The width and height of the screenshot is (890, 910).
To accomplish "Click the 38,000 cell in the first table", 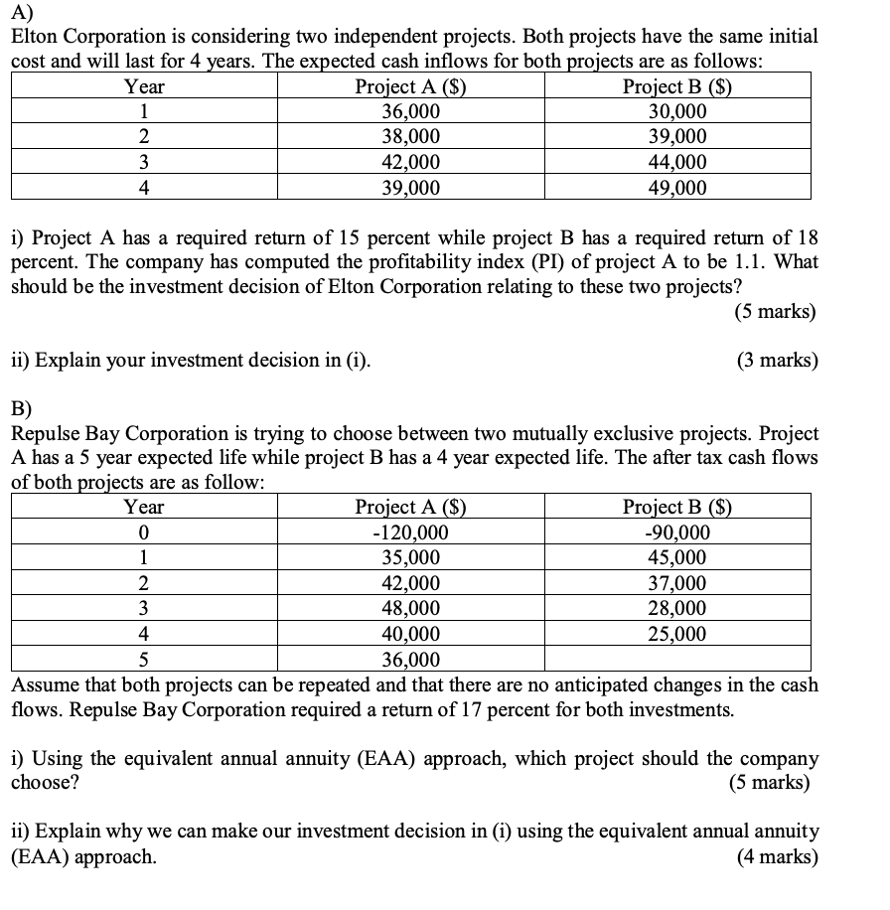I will [411, 137].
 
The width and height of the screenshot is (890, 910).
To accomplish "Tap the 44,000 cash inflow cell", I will [677, 162].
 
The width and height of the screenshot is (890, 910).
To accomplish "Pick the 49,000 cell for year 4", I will [677, 188].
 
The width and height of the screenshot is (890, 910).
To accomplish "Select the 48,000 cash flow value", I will [411, 608].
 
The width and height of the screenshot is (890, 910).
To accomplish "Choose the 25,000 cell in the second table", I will [677, 634].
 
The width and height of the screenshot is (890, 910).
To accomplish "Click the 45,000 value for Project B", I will [677, 558].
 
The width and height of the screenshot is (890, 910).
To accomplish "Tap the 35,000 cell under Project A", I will [411, 558].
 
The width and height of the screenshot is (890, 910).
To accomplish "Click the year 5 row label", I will [144, 659].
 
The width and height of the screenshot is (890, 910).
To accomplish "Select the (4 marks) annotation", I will [778, 856].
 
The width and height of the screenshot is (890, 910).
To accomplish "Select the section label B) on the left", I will [21, 407].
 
